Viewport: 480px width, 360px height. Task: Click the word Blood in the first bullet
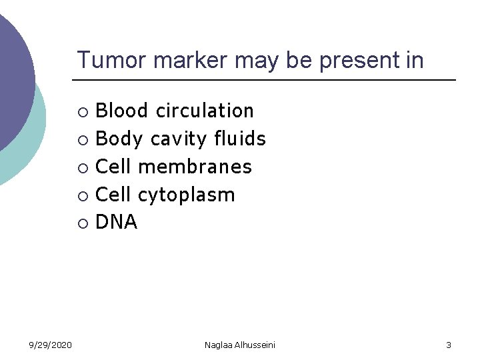(x=123, y=111)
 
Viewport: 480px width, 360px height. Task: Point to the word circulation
(x=205, y=111)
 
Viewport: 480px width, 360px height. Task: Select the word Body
(x=119, y=139)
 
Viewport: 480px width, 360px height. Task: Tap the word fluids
(x=240, y=139)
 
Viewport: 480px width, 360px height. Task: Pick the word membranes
(x=195, y=167)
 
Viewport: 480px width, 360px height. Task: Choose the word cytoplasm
(x=186, y=195)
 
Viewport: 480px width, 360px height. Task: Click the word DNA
(x=117, y=223)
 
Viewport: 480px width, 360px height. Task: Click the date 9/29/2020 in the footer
(x=51, y=345)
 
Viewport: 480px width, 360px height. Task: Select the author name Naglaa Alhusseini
(x=240, y=345)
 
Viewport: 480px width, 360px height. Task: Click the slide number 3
(x=449, y=345)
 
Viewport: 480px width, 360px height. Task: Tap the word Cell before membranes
(x=114, y=167)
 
